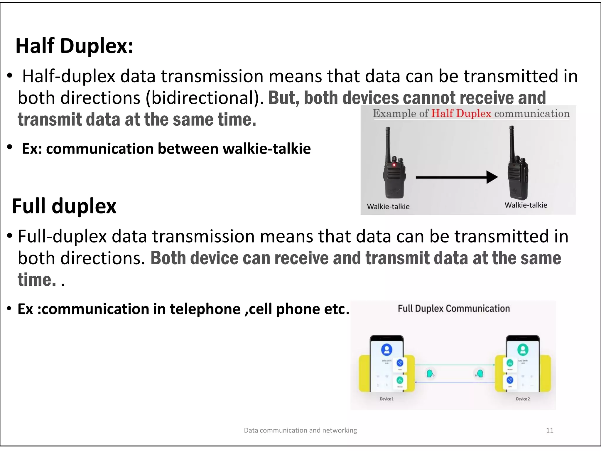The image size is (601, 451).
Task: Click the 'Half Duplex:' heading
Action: click(x=74, y=46)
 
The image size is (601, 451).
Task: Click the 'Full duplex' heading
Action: click(x=64, y=206)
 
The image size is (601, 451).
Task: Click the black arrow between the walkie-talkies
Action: click(x=456, y=177)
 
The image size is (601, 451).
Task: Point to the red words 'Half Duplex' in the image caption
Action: click(x=461, y=113)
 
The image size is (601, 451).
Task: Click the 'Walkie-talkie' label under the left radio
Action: click(x=388, y=206)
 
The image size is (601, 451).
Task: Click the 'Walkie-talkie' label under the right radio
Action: click(x=526, y=205)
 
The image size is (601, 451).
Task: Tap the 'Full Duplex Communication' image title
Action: click(x=454, y=309)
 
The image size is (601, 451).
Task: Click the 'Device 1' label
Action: click(x=386, y=399)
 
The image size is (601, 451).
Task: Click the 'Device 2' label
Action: click(x=523, y=399)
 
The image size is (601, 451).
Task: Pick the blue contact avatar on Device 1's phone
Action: click(x=387, y=349)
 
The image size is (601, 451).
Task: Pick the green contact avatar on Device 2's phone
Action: click(x=523, y=349)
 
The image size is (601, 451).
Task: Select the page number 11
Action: click(x=550, y=430)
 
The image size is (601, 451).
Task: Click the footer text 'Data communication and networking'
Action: click(x=300, y=430)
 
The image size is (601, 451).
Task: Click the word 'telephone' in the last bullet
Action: click(x=205, y=309)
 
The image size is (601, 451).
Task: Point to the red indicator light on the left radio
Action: click(x=394, y=165)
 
